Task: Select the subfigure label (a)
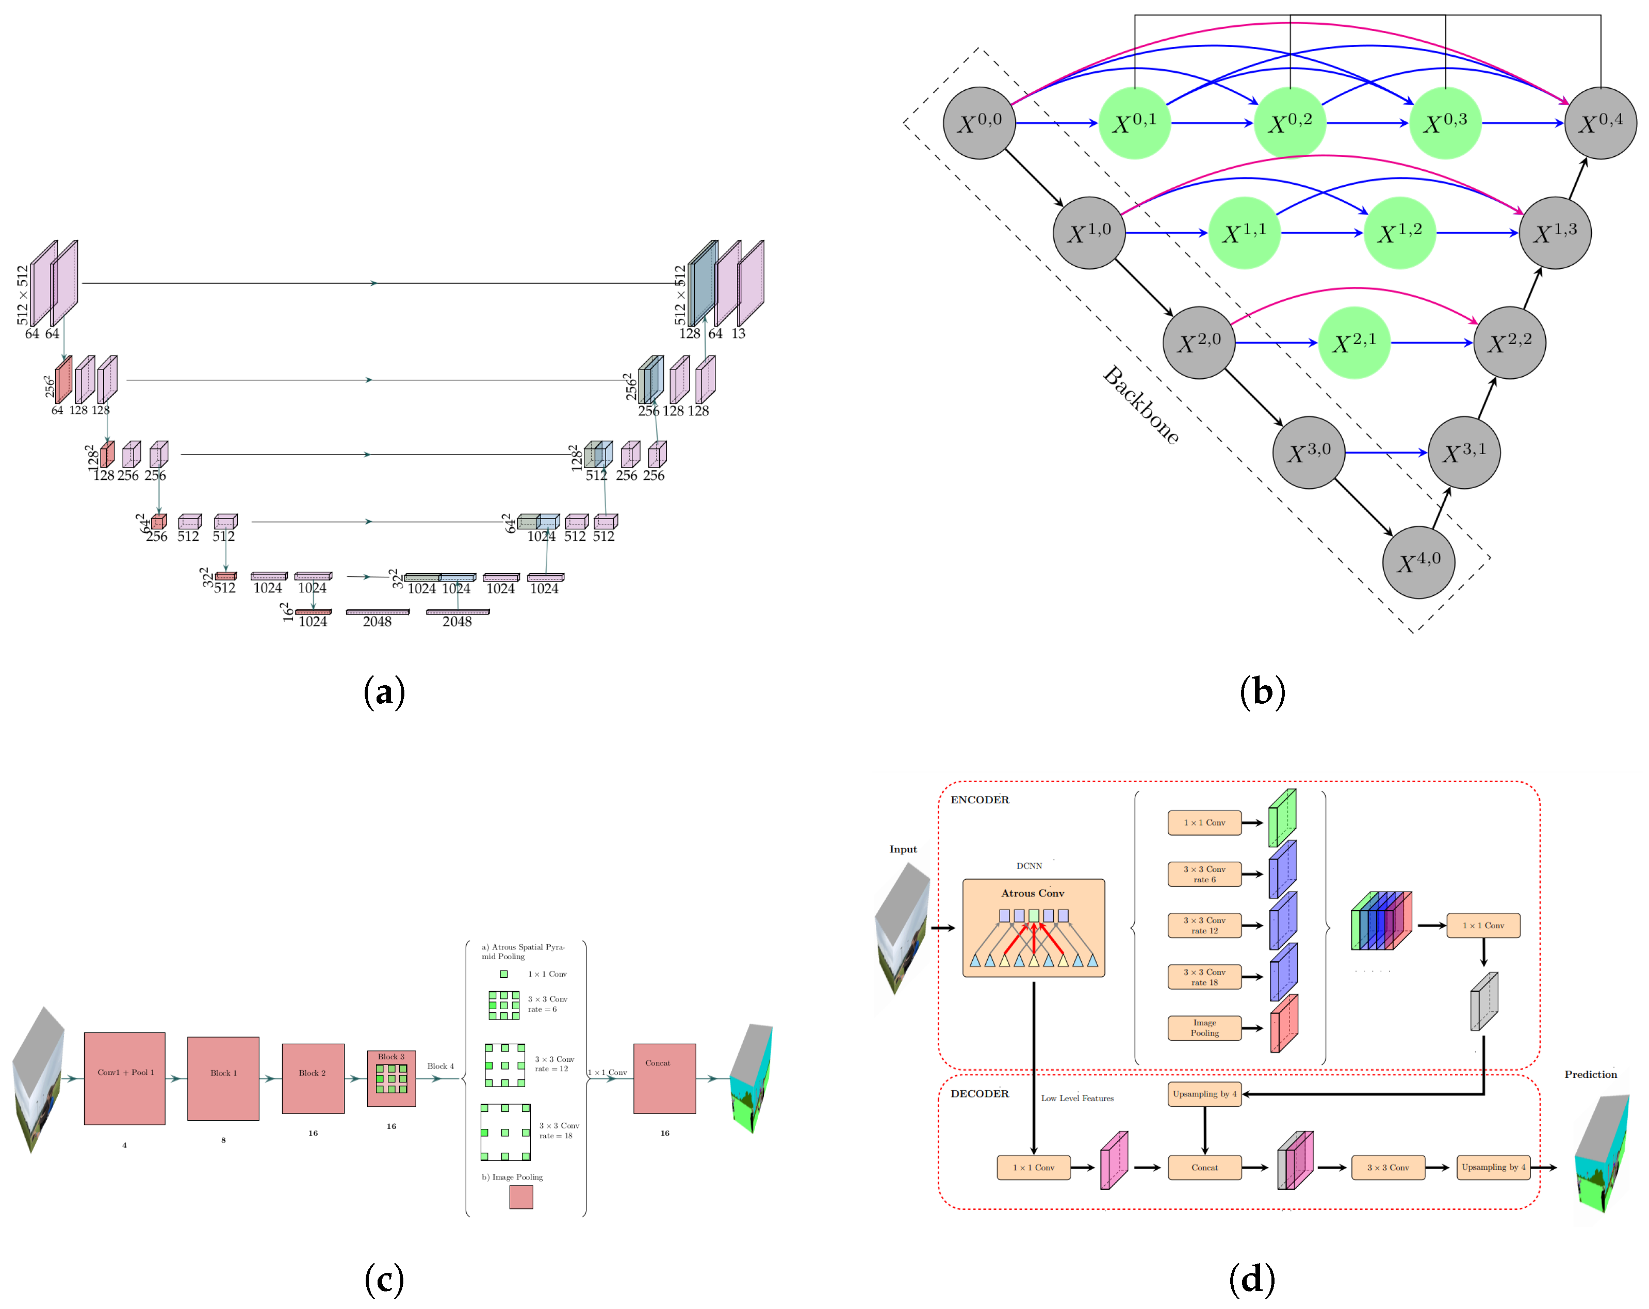(x=384, y=691)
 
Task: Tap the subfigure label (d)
(x=1251, y=1279)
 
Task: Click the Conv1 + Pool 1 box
(x=125, y=1078)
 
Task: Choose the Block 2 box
(x=313, y=1078)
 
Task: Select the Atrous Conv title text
(x=1033, y=893)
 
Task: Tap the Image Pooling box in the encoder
(x=1204, y=1027)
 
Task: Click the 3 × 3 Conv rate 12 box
(x=1204, y=925)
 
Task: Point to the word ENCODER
(x=980, y=799)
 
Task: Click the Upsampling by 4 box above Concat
(x=1204, y=1093)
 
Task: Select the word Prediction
(x=1591, y=1074)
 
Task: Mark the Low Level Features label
(x=1077, y=1098)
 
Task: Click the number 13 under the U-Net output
(x=738, y=333)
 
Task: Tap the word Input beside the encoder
(x=903, y=849)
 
